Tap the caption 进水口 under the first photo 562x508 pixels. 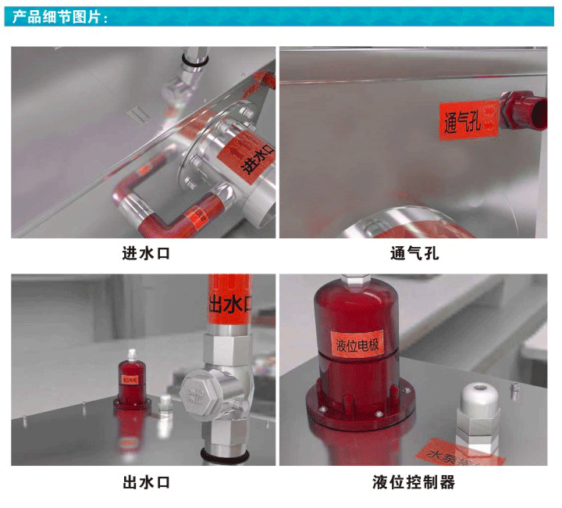point(146,253)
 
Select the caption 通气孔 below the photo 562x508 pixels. point(414,253)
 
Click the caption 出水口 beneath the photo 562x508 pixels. point(146,481)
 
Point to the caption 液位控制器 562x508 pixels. point(414,481)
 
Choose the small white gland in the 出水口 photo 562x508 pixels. point(164,405)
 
